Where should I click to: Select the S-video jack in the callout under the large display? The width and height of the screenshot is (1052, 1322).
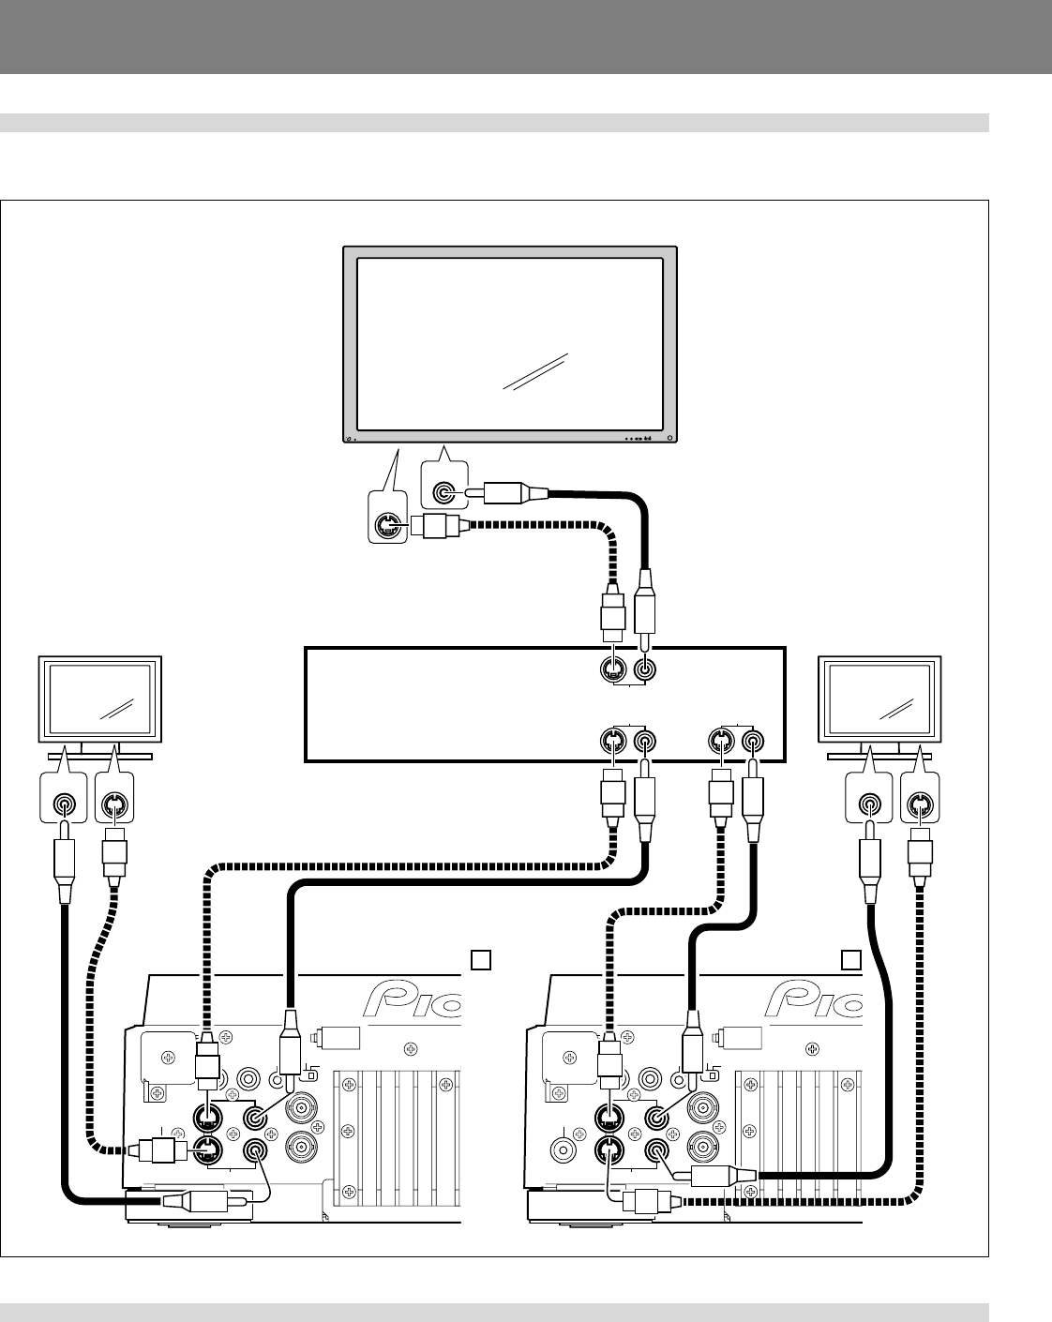pyautogui.click(x=385, y=527)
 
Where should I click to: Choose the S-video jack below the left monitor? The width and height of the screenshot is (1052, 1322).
pyautogui.click(x=114, y=804)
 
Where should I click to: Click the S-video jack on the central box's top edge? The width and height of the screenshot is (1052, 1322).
pyautogui.click(x=612, y=670)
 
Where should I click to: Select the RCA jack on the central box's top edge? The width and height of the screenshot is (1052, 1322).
pyautogui.click(x=645, y=670)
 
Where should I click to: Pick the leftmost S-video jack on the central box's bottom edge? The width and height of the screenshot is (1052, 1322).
pyautogui.click(x=612, y=743)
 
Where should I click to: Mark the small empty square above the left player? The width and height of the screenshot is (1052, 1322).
pyautogui.click(x=480, y=959)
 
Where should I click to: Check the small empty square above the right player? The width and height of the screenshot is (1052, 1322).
pyautogui.click(x=849, y=959)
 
